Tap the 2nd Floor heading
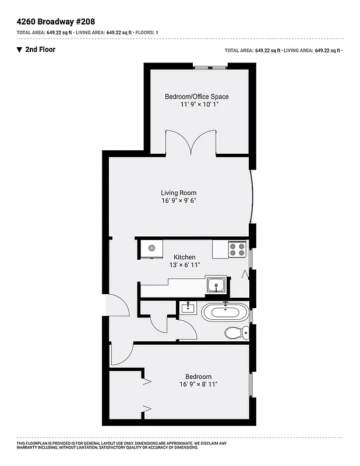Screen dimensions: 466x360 click(x=40, y=50)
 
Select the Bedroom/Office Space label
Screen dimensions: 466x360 click(x=196, y=97)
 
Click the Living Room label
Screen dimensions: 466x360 click(x=179, y=193)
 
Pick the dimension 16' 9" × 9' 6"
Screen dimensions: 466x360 click(x=179, y=201)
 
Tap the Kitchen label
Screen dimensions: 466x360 click(x=185, y=257)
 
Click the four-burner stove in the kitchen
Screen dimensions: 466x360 click(x=237, y=249)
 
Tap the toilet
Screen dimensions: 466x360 click(x=236, y=333)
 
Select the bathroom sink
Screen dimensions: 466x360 click(x=188, y=307)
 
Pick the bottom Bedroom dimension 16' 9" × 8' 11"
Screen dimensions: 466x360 click(x=199, y=384)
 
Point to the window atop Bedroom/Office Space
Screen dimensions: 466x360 click(x=210, y=68)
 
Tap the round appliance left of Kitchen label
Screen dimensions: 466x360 click(x=151, y=248)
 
